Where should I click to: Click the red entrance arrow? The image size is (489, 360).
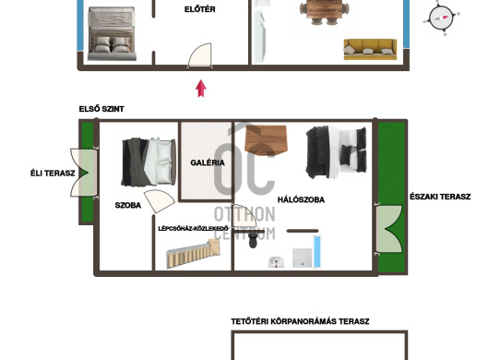point(201,89)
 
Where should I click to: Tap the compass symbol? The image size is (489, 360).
point(441,18)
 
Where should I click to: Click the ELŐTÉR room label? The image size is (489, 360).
point(199,9)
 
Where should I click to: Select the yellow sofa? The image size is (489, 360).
point(370,49)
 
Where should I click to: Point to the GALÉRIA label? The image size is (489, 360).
point(208,162)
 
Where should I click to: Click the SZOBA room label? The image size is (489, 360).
point(128,205)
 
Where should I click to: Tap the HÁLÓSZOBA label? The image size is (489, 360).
point(301,199)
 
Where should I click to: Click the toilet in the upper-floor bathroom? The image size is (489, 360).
point(253,241)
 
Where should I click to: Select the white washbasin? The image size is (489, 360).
point(276,262)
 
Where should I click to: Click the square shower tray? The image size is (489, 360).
point(303,258)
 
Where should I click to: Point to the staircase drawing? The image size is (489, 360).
point(193,253)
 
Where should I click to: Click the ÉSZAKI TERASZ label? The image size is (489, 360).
point(440,197)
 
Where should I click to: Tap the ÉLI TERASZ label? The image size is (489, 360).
point(53,174)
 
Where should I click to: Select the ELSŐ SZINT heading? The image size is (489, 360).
point(101,109)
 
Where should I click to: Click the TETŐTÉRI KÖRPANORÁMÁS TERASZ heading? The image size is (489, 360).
point(300,321)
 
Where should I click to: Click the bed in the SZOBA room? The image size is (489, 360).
point(149,162)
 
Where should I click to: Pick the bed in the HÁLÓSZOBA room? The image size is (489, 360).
point(336,152)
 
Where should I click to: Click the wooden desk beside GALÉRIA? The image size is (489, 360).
point(266,140)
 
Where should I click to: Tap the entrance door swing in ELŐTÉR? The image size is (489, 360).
point(200,55)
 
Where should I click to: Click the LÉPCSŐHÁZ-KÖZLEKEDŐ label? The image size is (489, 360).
point(194,229)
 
